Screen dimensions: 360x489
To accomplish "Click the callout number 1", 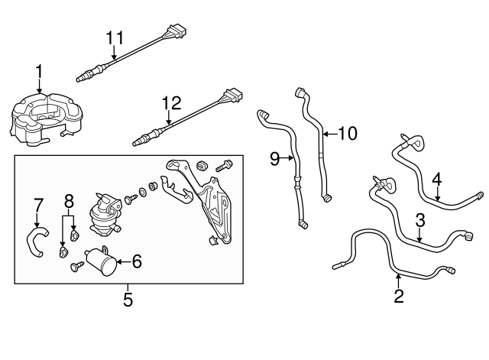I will pos(38,73).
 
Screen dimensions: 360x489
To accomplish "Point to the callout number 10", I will pos(346,134).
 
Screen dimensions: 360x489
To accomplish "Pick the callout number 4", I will pos(436,180).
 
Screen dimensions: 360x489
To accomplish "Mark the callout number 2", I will pos(398,296).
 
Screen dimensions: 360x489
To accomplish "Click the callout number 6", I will pos(137,261).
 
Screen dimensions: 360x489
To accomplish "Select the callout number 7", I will pos(38,204).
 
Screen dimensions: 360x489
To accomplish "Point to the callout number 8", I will pos(69,203).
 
